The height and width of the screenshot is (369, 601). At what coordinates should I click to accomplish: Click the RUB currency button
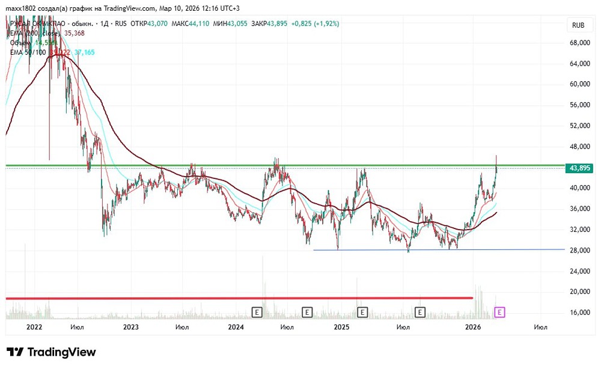[x=578, y=25]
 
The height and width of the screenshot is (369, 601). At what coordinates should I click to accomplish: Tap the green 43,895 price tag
[x=580, y=168]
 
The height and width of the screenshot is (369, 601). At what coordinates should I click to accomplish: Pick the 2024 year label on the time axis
[x=236, y=327]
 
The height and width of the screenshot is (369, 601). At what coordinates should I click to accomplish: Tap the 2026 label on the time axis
[x=474, y=327]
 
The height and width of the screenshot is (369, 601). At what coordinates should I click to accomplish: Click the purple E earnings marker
[x=499, y=312]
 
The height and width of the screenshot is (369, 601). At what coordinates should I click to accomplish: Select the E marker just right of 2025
[x=362, y=312]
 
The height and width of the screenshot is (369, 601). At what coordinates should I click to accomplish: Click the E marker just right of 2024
[x=257, y=312]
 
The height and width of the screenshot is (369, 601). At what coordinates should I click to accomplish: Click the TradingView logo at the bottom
[x=51, y=352]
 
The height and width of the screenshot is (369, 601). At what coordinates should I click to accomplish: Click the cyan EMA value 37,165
[x=84, y=52]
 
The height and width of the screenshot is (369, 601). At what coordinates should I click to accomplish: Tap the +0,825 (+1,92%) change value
[x=315, y=23]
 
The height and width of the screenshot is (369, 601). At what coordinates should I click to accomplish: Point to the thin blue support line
[x=439, y=249]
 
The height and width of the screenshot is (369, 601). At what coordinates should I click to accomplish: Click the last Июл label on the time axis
[x=540, y=327]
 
